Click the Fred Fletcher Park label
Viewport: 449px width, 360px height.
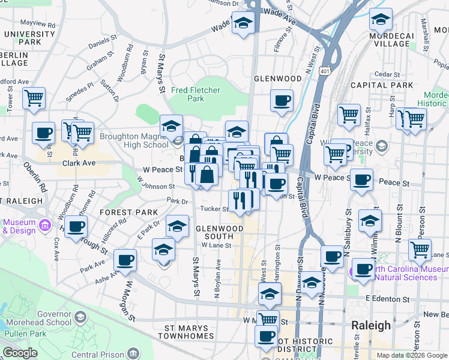(x=196, y=94)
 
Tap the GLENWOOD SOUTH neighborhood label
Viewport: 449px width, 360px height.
(x=220, y=232)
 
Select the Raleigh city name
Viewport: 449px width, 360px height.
(x=370, y=325)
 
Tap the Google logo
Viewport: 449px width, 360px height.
(x=20, y=353)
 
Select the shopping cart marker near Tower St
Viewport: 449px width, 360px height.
(x=34, y=97)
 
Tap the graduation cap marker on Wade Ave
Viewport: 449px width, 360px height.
(x=243, y=23)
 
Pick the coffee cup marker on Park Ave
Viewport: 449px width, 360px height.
(x=125, y=260)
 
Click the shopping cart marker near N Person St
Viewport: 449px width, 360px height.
(x=420, y=249)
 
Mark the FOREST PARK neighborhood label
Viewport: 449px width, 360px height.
(x=129, y=212)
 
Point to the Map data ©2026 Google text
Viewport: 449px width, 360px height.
(x=411, y=355)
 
